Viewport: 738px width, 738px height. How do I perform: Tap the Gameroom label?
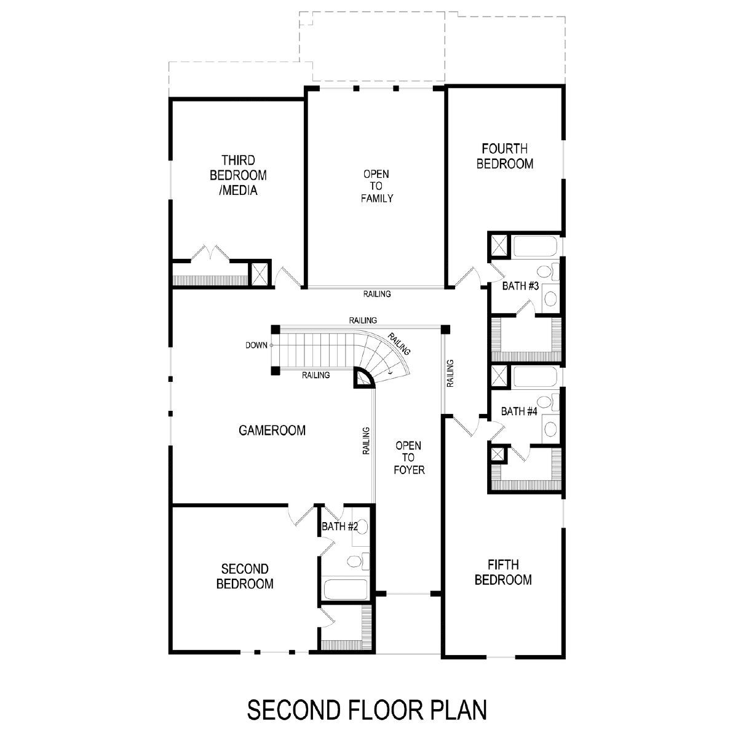pyautogui.click(x=272, y=430)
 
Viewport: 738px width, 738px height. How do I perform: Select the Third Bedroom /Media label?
pyautogui.click(x=238, y=175)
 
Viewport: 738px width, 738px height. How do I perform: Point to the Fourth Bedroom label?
pyautogui.click(x=505, y=156)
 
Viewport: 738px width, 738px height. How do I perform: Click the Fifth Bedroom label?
pyautogui.click(x=503, y=572)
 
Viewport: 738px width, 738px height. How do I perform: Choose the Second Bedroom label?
pyautogui.click(x=245, y=576)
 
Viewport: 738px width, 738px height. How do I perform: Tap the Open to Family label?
pyautogui.click(x=376, y=186)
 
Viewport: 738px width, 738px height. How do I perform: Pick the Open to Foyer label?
pyautogui.click(x=408, y=458)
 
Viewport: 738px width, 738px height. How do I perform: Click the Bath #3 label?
pyautogui.click(x=520, y=286)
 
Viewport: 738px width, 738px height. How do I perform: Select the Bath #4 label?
pyautogui.click(x=519, y=411)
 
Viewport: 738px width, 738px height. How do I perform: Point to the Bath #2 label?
pyautogui.click(x=339, y=526)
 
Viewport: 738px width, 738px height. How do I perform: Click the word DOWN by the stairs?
pyautogui.click(x=256, y=346)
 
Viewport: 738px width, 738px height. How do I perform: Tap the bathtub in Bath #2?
pyautogui.click(x=346, y=590)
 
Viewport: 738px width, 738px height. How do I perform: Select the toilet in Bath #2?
pyautogui.click(x=358, y=561)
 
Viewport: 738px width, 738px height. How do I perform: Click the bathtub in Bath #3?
pyautogui.click(x=534, y=246)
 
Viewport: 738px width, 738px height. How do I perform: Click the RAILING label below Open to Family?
pyautogui.click(x=377, y=294)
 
